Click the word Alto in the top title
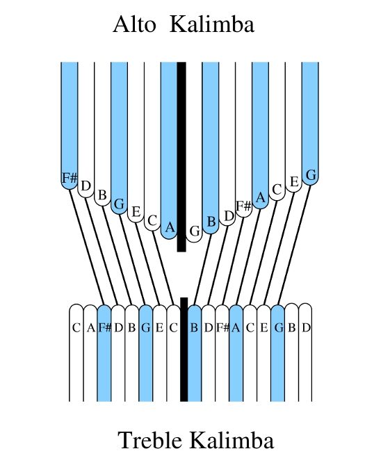point(134,24)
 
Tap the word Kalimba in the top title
point(212,24)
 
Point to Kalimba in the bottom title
point(232,440)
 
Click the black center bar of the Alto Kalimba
point(181,156)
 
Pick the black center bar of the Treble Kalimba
point(184,350)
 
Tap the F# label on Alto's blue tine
point(70,178)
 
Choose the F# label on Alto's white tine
point(243,206)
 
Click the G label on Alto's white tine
point(194,231)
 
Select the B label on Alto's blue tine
point(211,222)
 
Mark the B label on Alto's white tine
point(102,195)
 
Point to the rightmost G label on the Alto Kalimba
point(311,175)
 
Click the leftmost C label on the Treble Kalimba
point(76,328)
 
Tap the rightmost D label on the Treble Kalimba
point(306,328)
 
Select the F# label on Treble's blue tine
point(104,328)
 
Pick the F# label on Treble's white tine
point(222,328)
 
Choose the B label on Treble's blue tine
point(194,328)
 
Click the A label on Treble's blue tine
point(236,328)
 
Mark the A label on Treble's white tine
point(91,328)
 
